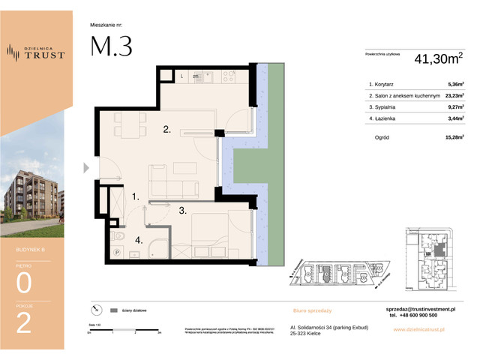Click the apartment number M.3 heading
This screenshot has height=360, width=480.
point(111,46)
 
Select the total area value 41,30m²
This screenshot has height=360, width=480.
point(434,57)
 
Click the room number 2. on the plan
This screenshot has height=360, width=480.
point(168,130)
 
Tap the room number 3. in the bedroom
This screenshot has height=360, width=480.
point(182,211)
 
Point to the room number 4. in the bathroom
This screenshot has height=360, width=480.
point(139,240)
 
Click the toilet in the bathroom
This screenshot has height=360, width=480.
point(116,236)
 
